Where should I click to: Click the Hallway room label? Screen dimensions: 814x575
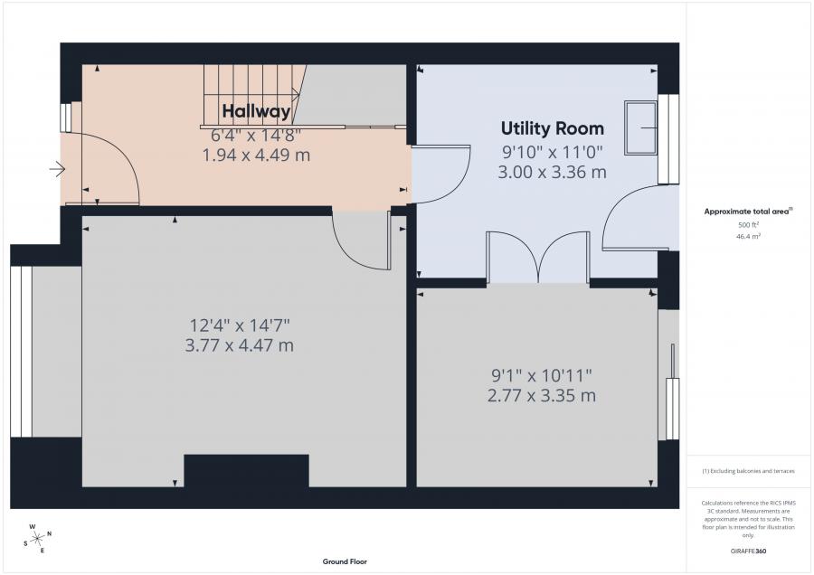click(256, 111)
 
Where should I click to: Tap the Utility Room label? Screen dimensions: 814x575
click(553, 128)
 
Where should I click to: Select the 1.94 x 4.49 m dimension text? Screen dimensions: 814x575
click(256, 155)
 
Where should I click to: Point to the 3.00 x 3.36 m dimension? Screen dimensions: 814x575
click(552, 172)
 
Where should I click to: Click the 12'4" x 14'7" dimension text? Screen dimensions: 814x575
click(240, 325)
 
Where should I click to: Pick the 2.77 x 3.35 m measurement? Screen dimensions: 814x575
click(542, 395)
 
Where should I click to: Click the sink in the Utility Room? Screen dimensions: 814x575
click(641, 127)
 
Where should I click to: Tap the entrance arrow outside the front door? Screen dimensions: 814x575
click(57, 169)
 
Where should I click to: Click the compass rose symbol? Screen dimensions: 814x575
click(38, 539)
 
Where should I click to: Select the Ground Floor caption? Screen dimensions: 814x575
click(345, 561)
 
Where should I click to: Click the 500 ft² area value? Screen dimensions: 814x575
click(748, 225)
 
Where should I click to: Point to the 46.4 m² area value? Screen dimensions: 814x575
click(748, 236)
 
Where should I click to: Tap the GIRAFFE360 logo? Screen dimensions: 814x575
click(748, 551)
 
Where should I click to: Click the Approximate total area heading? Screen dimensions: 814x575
click(748, 212)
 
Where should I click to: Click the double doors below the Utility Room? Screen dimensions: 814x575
click(538, 258)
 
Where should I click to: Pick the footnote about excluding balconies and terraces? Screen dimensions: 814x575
click(748, 471)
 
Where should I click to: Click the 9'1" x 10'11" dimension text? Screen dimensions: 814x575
click(542, 374)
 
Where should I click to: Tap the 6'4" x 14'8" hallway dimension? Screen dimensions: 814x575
click(256, 136)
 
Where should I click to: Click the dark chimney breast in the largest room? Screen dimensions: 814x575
click(247, 471)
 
